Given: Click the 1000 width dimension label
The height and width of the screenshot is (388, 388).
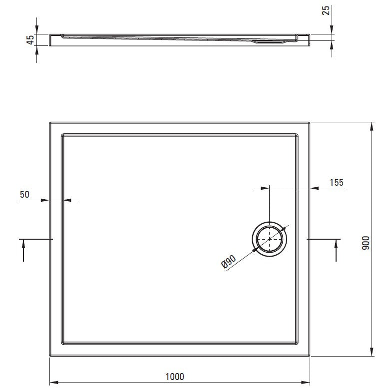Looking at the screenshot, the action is (175, 377).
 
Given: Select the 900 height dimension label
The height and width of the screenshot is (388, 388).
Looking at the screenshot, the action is (366, 243).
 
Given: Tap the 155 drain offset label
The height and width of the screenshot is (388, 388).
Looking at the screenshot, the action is (337, 182).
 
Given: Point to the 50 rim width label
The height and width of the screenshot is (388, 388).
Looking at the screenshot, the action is (24, 194).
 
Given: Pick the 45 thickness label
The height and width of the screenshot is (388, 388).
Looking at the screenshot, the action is (30, 40).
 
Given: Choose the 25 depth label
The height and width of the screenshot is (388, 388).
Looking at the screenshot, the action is (326, 10).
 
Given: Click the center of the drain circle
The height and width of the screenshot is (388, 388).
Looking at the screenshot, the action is (269, 239).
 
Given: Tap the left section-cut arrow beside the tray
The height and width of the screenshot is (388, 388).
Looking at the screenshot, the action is (23, 250).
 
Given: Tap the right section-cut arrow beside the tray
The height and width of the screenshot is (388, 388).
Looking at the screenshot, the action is (336, 250).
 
